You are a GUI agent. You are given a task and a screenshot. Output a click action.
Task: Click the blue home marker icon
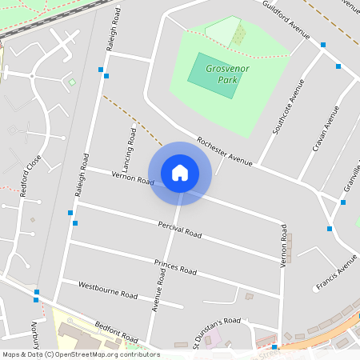pyautogui.click(x=180, y=173)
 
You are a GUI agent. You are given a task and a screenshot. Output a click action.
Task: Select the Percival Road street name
pyautogui.click(x=180, y=230)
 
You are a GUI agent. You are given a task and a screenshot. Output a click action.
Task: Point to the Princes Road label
pyautogui.click(x=175, y=267)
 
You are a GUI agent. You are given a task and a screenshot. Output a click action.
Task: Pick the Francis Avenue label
pyautogui.click(x=336, y=273)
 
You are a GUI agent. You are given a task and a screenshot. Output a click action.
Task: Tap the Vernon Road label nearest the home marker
pyautogui.click(x=133, y=178)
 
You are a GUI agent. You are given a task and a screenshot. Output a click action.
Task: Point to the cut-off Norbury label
pyautogui.click(x=35, y=332)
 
